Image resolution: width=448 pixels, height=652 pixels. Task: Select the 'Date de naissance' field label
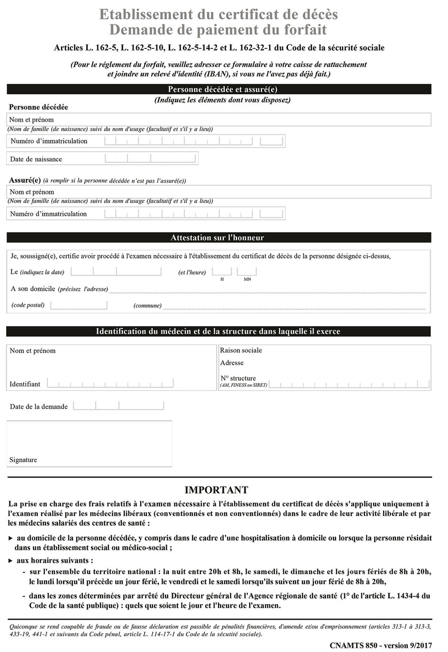pyautogui.click(x=36, y=159)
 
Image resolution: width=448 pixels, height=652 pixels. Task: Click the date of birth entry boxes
pyautogui.click(x=150, y=158)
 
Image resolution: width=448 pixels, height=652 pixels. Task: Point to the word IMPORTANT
pyautogui.click(x=216, y=490)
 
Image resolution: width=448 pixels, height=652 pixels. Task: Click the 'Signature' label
pyautogui.click(x=23, y=460)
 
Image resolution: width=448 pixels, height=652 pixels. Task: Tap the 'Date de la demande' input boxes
pyautogui.click(x=118, y=406)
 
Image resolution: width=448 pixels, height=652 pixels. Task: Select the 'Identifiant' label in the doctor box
pyautogui.click(x=24, y=384)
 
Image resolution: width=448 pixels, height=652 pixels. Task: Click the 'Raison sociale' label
pyautogui.click(x=241, y=350)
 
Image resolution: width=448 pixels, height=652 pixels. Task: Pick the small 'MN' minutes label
pyautogui.click(x=247, y=279)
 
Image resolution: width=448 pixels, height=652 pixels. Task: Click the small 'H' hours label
pyautogui.click(x=222, y=279)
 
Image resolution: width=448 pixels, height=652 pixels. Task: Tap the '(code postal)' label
pyautogui.click(x=28, y=305)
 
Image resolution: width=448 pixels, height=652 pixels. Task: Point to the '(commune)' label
pyautogui.click(x=147, y=306)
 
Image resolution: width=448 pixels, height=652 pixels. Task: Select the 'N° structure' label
pyautogui.click(x=238, y=378)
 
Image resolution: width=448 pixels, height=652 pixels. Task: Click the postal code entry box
pyautogui.click(x=78, y=305)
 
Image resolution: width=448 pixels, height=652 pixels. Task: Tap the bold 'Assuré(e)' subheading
pyautogui.click(x=24, y=180)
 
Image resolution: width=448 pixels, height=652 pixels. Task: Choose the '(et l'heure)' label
pyautogui.click(x=192, y=273)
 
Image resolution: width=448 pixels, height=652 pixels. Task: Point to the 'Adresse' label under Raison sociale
pyautogui.click(x=232, y=363)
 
